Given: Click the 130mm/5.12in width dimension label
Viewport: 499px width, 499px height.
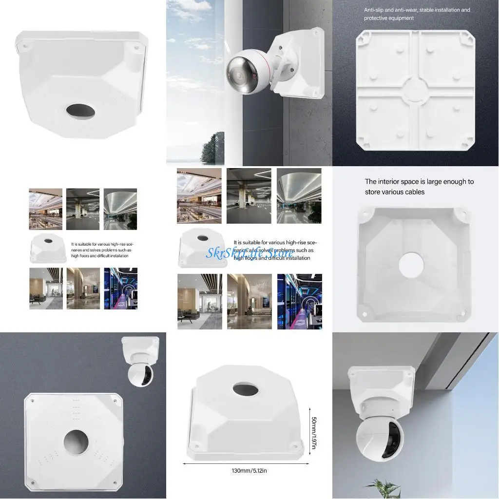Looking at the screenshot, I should tap(249, 471).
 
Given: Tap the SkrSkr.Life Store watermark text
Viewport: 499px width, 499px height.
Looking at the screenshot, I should tap(249, 252).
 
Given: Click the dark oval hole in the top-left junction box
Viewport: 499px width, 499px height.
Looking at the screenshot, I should tap(81, 110).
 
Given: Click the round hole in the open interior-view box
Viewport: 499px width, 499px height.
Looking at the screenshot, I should tap(411, 265).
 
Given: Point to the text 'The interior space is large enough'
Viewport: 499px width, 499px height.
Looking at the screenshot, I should tap(419, 182).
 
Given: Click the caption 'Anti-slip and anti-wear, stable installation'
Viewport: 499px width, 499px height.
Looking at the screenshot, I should tap(417, 10).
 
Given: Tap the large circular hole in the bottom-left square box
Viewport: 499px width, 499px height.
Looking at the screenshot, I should tap(77, 442).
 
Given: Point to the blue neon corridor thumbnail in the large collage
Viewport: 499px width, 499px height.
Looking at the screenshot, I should tap(300, 301).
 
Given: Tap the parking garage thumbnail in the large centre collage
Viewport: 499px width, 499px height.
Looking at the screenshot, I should tap(249, 196).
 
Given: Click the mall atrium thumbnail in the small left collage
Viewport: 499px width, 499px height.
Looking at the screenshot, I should tap(45, 209).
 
